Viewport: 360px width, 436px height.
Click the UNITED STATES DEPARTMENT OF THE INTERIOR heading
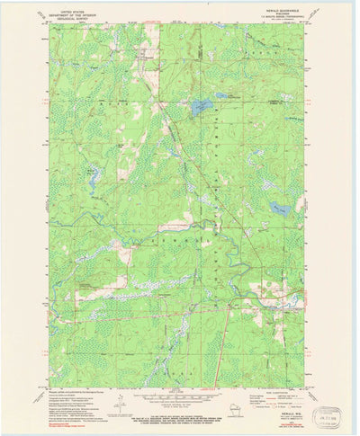coord(75,11)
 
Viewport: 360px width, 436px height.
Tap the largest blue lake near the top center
coord(201,108)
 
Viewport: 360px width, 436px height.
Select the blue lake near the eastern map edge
coord(280,209)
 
